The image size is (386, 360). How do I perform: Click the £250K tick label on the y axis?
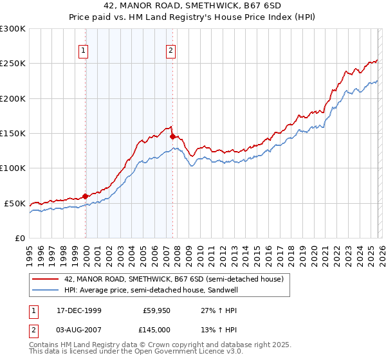(x=13, y=64)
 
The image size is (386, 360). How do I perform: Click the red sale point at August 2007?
(x=172, y=136)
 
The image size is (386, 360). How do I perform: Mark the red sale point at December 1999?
(x=86, y=196)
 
